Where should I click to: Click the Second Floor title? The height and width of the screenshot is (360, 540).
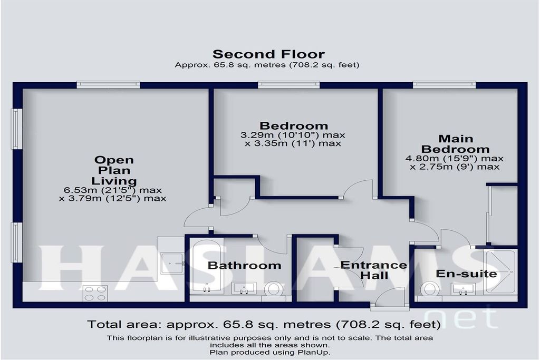click(x=268, y=54)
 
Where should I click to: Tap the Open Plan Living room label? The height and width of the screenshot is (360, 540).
click(x=114, y=170)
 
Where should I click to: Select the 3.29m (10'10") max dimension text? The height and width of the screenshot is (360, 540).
click(x=293, y=135)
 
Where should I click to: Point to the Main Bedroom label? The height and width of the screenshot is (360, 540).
click(x=455, y=144)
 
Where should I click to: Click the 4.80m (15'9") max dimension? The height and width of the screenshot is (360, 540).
click(x=454, y=159)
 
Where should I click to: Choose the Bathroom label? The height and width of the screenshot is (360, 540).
click(x=245, y=265)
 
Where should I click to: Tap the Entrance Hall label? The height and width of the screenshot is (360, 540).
click(x=374, y=270)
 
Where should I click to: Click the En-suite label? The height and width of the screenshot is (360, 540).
click(x=466, y=274)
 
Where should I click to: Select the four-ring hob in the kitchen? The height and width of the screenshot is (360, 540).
click(x=95, y=293)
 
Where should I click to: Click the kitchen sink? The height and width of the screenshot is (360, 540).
click(x=172, y=264)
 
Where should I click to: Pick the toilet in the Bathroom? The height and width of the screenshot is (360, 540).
click(x=274, y=289)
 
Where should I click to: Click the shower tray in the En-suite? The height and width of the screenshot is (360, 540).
click(x=500, y=272)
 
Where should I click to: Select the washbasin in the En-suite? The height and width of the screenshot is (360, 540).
click(x=463, y=289)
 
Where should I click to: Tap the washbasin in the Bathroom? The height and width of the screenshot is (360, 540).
click(x=244, y=288)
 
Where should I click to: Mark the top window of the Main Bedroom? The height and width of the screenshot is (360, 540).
click(x=444, y=84)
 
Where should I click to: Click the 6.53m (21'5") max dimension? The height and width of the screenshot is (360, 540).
click(x=113, y=190)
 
